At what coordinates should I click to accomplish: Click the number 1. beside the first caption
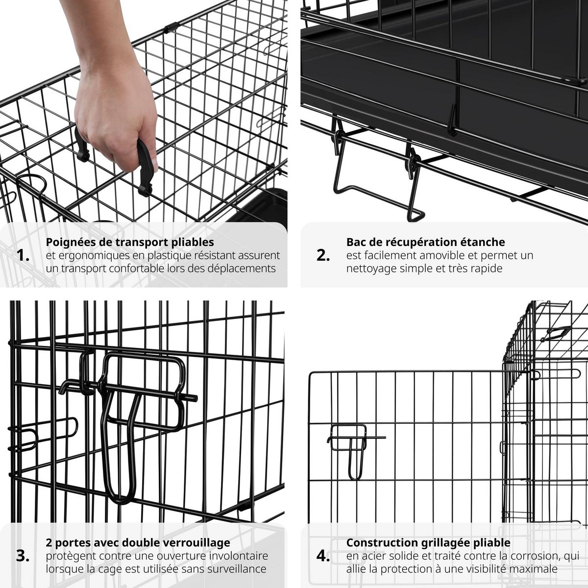[x=23, y=255]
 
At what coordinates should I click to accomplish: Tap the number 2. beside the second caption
[x=323, y=255]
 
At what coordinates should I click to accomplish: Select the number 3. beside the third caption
[x=23, y=556]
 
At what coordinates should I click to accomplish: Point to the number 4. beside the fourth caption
[x=323, y=556]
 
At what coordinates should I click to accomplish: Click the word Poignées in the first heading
[x=68, y=242]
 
